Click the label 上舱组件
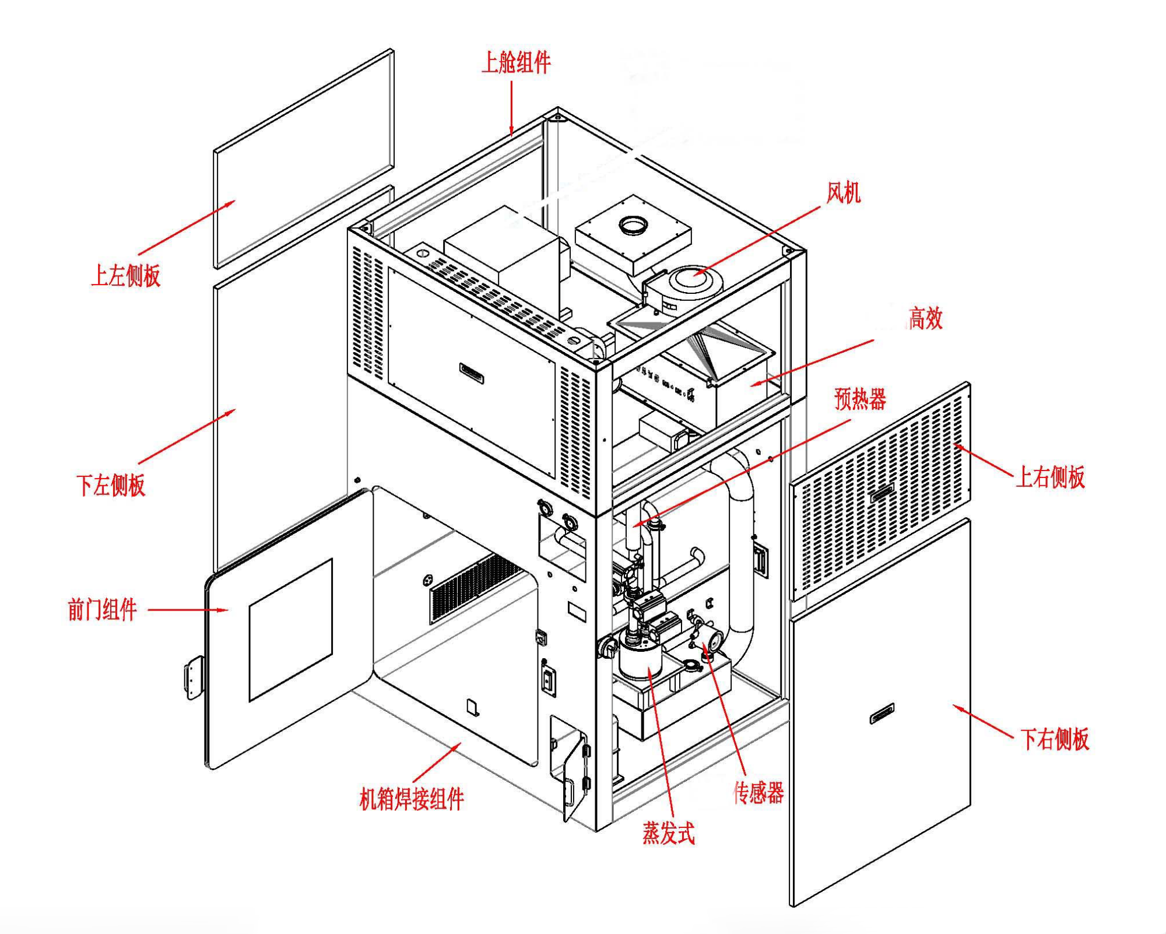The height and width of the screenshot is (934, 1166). (x=516, y=62)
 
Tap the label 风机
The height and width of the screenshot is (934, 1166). (x=843, y=192)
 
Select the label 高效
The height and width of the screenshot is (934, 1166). (x=925, y=318)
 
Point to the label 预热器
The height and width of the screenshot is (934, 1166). (x=860, y=399)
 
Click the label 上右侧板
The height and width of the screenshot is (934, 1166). (x=1050, y=477)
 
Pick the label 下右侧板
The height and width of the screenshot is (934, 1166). (x=1054, y=739)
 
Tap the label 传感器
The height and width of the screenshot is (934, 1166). (x=758, y=793)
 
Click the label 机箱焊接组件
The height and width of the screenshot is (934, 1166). (x=412, y=799)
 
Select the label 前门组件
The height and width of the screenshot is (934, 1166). (x=102, y=610)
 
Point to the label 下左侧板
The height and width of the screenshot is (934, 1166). (x=111, y=485)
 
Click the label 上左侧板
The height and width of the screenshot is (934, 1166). (x=126, y=276)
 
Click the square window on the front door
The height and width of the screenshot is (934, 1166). (x=290, y=630)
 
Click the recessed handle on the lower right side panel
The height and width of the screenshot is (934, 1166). (x=882, y=713)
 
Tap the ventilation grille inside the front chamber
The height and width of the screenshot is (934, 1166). (x=475, y=585)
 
